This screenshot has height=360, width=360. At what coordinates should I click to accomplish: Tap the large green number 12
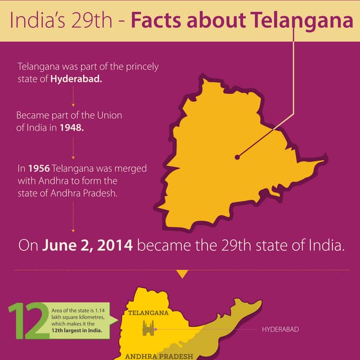28,321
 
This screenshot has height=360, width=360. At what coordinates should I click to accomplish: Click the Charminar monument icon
148,328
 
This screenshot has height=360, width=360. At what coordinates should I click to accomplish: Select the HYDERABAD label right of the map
281,329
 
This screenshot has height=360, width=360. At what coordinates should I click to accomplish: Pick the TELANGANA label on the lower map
148,313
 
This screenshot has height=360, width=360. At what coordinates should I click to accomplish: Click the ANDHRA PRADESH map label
159,356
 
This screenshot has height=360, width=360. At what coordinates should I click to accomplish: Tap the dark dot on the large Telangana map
237,157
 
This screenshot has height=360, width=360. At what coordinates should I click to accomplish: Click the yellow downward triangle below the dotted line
182,274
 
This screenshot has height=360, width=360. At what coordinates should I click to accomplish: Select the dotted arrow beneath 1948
73,149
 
